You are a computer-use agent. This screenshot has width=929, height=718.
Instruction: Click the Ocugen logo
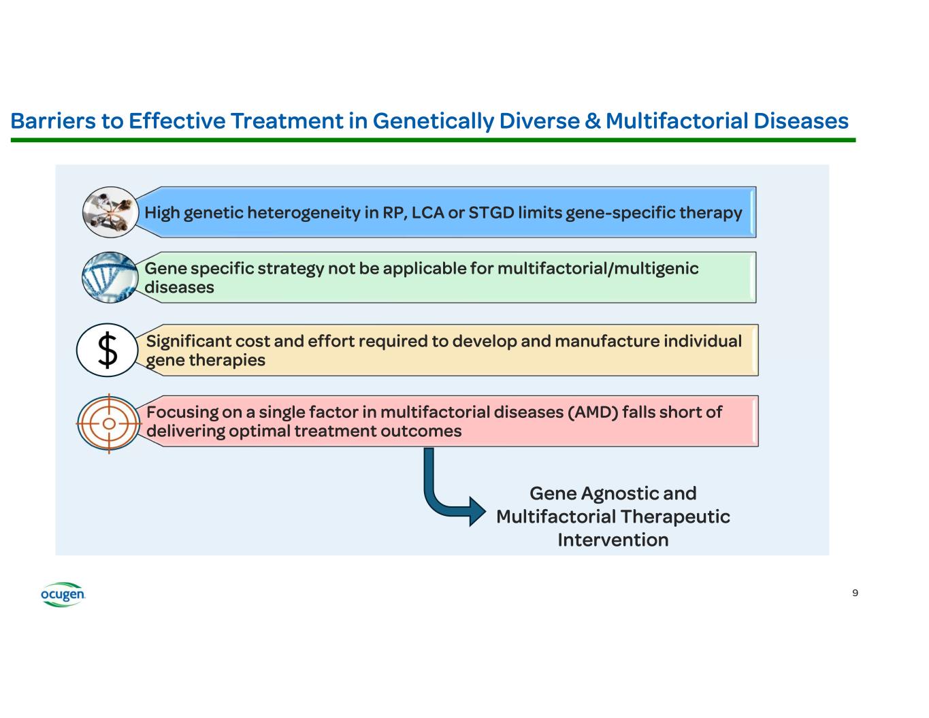click(63, 594)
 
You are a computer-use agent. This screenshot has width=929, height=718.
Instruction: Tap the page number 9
click(855, 593)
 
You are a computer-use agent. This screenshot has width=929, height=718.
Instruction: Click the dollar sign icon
click(108, 350)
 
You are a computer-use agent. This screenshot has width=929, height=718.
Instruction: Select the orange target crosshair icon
click(109, 423)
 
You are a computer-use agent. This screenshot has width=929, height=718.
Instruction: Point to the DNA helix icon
click(109, 277)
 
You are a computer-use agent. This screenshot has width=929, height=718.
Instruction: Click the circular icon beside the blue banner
click(110, 212)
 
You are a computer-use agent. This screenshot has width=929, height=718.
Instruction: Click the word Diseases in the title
click(800, 121)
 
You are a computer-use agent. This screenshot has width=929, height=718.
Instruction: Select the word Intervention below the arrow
click(613, 540)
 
